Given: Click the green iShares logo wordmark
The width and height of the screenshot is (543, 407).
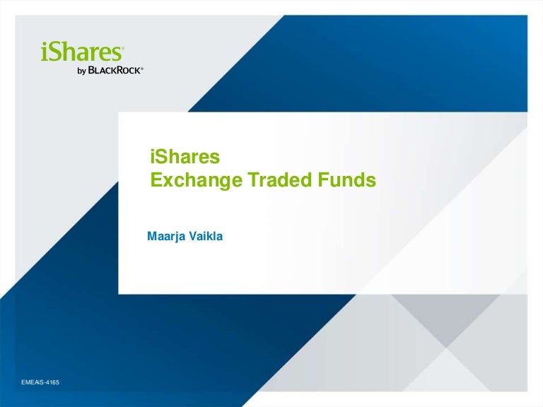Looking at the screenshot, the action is pos(82,52).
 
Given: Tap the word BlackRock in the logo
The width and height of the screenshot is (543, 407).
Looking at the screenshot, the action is pos(115,70).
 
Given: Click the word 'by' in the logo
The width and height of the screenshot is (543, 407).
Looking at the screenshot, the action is pos(82,71).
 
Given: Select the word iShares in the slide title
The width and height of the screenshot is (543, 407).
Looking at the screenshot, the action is pos(185,157).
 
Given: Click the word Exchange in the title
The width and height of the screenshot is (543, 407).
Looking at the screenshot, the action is pos(196,181).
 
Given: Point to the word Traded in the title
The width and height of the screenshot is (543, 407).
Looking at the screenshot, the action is pos(280,180).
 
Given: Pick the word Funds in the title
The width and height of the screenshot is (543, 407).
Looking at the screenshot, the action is pos(347,180).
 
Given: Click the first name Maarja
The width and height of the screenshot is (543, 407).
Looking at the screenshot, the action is pos(167,237).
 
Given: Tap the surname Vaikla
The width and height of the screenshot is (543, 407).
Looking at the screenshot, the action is pos(206,237).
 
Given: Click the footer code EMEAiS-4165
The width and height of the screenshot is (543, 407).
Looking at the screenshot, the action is pos(40,382).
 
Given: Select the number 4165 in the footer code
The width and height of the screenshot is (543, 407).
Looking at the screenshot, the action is pos(52,382).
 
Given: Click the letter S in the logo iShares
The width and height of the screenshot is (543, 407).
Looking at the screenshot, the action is pos(54,52).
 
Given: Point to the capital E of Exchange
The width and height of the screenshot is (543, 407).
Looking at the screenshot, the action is pos(156,180).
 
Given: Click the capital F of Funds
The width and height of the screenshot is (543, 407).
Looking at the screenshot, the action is pos(323,180).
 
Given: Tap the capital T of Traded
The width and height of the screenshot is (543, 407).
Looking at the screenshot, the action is pos(253,180).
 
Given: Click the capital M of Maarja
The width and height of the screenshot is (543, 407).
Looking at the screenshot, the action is pos(153,237).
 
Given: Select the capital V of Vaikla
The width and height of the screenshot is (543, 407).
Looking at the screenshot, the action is pos(194,237).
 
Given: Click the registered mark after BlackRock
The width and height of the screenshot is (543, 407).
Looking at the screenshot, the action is pos(142,68).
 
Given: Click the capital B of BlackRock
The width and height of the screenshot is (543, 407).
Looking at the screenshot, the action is pos(91,70).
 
